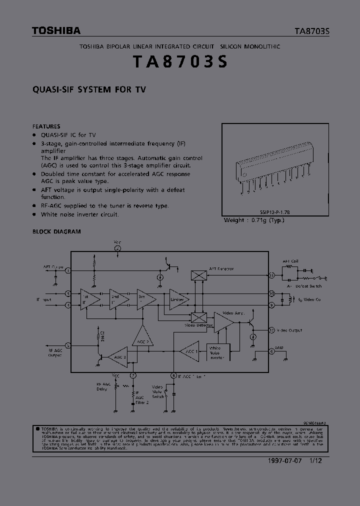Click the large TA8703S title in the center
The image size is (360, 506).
[x=180, y=62]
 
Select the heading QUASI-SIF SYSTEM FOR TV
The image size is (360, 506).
[x=89, y=90]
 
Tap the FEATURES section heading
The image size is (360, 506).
[x=46, y=126]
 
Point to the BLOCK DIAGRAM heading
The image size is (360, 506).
[x=56, y=231]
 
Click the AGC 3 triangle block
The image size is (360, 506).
[x=116, y=356]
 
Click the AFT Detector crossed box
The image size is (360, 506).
[x=198, y=275]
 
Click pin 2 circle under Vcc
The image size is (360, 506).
[x=117, y=248]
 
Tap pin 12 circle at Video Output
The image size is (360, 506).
[x=271, y=330]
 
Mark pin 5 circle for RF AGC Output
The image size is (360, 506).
[x=68, y=345]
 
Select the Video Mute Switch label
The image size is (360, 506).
[x=157, y=391]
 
